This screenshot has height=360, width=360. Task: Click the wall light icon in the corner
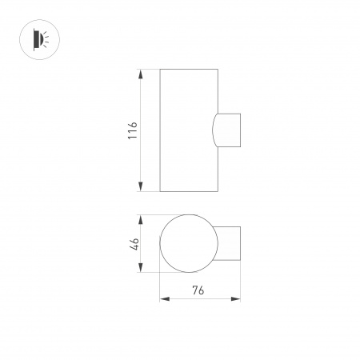pyautogui.click(x=38, y=38)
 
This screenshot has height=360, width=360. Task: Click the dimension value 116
pyautogui.click(x=133, y=130)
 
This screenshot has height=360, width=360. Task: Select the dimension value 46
pyautogui.click(x=134, y=244)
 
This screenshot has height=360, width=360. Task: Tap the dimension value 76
pyautogui.click(x=199, y=290)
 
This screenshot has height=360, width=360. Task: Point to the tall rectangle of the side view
pyautogui.click(x=189, y=130)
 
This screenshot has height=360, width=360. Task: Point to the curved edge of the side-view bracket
pyautogui.click(x=214, y=130)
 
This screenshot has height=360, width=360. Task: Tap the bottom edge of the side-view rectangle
pyautogui.click(x=189, y=192)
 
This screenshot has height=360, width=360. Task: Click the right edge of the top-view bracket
pyautogui.click(x=241, y=244)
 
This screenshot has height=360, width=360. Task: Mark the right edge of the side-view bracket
pyautogui.click(x=241, y=130)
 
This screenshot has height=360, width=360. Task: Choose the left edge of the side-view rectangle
pyautogui.click(x=160, y=130)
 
